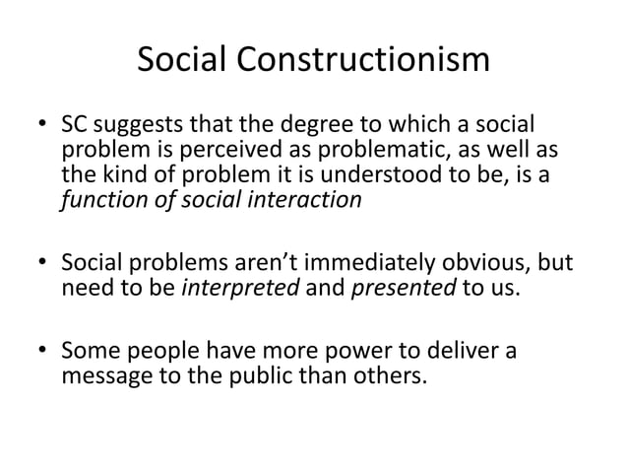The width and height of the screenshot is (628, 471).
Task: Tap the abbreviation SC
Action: pyautogui.click(x=76, y=128)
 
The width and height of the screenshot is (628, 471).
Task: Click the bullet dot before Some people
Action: pyautogui.click(x=42, y=352)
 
